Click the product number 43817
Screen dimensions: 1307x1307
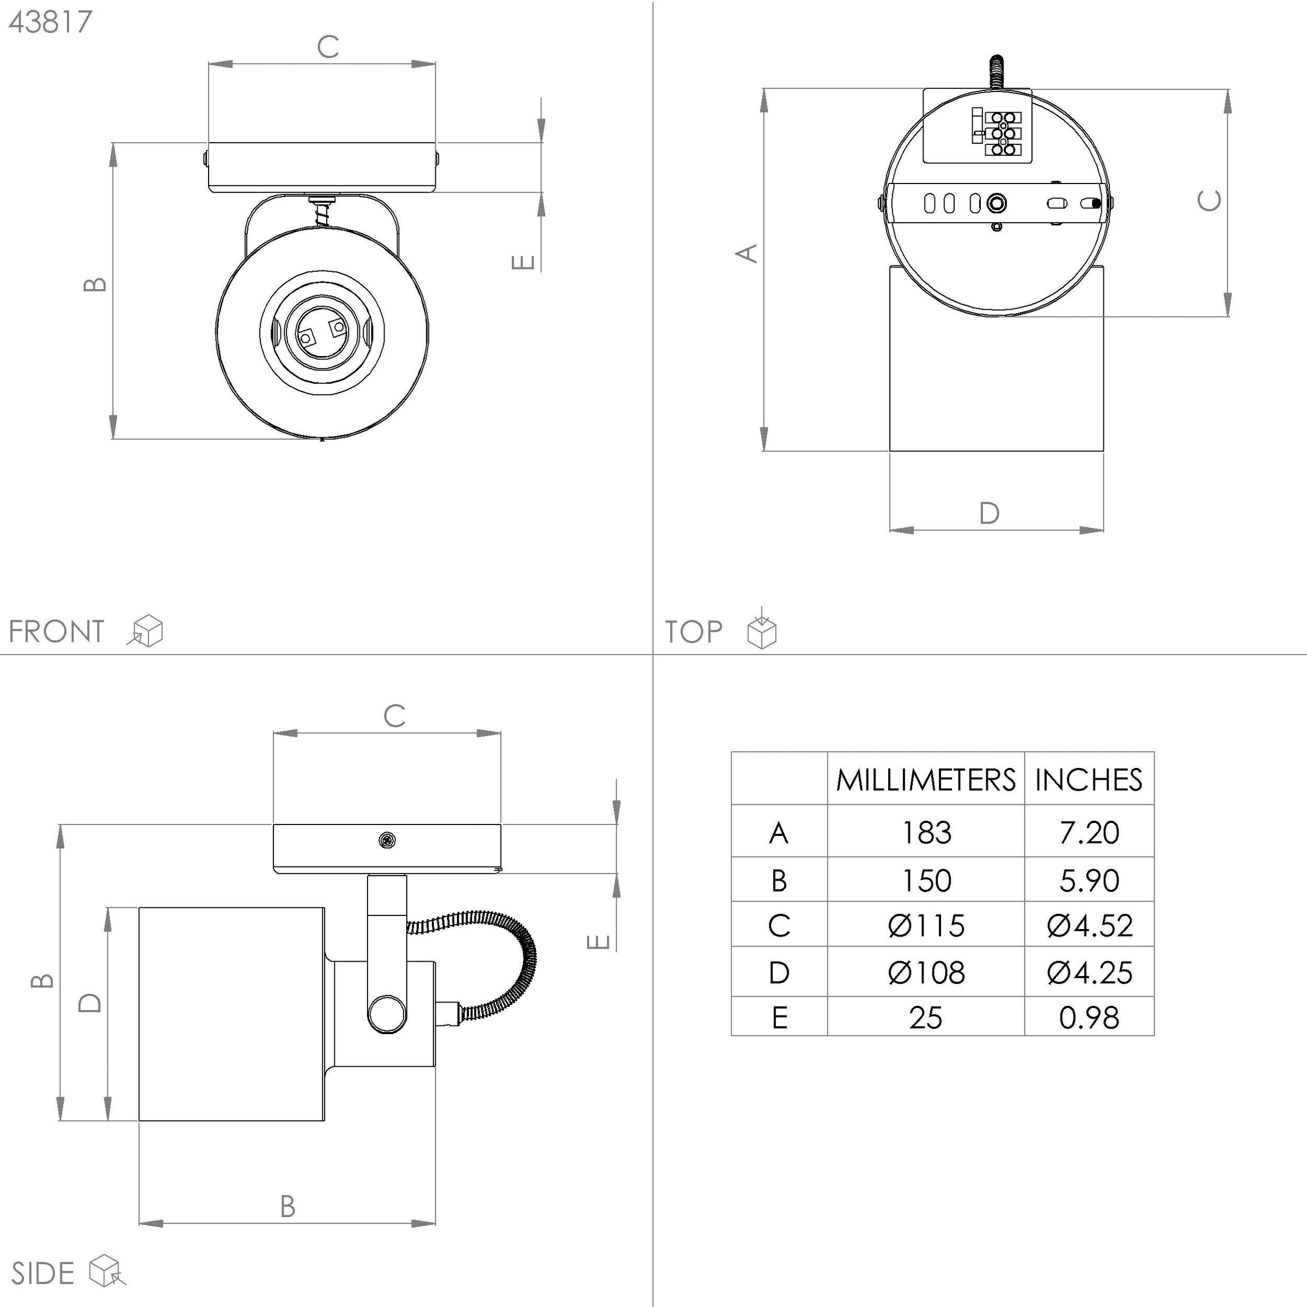[x=50, y=22]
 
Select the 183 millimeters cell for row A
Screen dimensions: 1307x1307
[x=926, y=833]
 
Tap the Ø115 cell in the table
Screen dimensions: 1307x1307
[x=926, y=925]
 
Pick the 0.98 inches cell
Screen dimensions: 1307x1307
[x=1089, y=1017]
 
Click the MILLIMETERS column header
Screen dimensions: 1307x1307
[x=925, y=780]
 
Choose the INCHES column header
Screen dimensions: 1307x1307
[x=1089, y=780]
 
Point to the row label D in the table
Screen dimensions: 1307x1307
[x=779, y=973]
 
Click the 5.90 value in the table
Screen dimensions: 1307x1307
[x=1089, y=880]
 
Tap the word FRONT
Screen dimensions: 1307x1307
[x=57, y=632]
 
